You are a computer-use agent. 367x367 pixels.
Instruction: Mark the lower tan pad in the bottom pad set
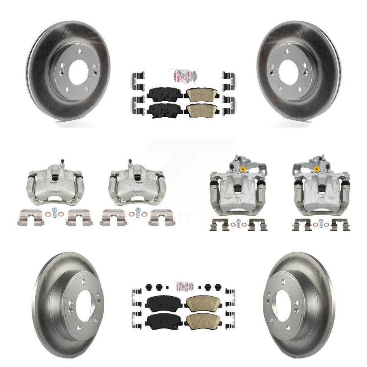[x=201, y=319]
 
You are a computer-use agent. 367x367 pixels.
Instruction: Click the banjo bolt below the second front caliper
[x=137, y=214]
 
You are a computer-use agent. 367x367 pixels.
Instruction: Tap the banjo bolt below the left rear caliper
[x=238, y=222]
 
